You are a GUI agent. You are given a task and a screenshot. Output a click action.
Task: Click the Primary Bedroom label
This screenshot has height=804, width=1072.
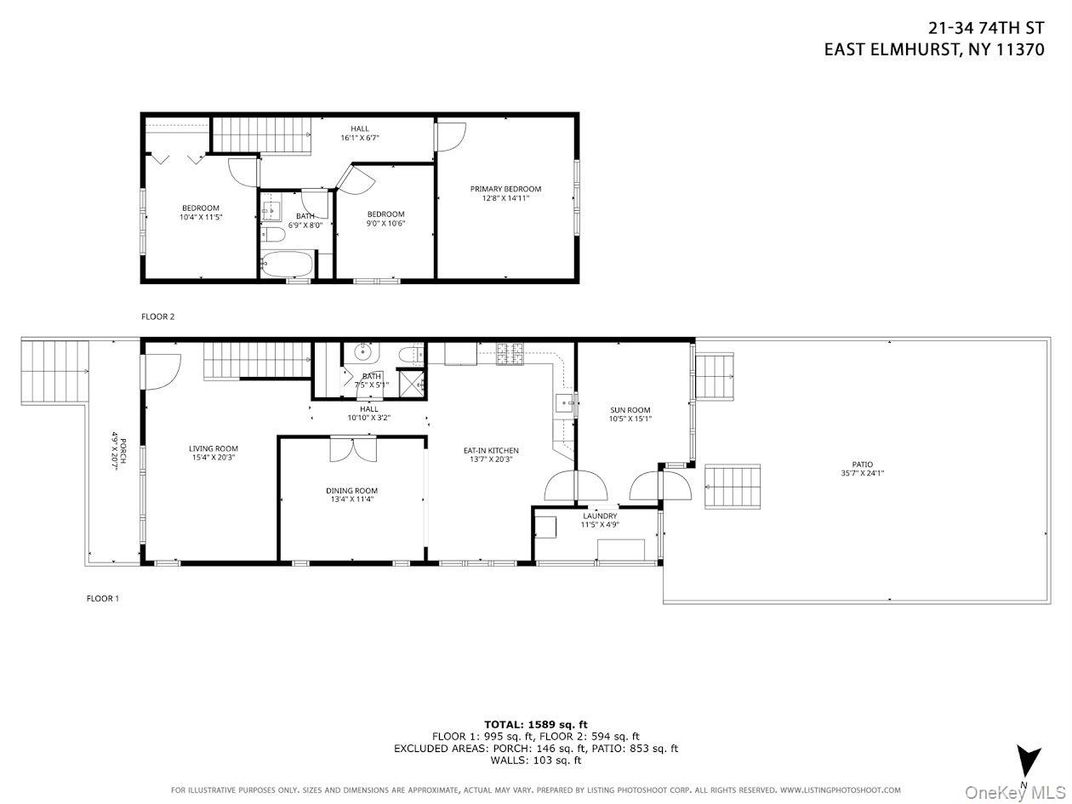tap(505, 189)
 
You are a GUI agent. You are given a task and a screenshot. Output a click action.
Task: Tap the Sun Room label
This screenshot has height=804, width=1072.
tap(630, 410)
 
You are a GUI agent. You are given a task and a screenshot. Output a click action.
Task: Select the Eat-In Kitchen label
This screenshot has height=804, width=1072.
tap(490, 451)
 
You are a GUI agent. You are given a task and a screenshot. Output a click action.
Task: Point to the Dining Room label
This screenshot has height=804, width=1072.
tap(352, 490)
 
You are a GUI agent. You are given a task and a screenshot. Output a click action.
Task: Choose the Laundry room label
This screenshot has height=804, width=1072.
tap(599, 516)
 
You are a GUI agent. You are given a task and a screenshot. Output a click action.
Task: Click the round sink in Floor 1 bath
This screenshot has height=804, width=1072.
tap(362, 352)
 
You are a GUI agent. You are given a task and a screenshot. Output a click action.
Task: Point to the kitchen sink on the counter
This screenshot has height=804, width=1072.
tap(564, 404)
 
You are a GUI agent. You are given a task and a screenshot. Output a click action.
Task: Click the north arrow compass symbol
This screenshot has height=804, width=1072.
tap(1023, 760)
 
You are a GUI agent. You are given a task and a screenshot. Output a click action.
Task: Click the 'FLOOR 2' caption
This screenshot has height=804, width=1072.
tap(158, 316)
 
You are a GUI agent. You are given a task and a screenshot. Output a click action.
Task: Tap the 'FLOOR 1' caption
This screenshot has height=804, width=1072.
tap(102, 598)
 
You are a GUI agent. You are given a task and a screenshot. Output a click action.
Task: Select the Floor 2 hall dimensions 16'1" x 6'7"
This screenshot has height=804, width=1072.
tap(359, 138)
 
